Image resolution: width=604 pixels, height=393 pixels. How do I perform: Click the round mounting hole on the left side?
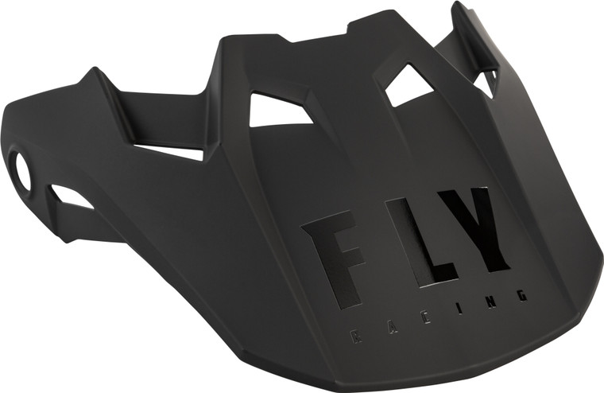(22, 171)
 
